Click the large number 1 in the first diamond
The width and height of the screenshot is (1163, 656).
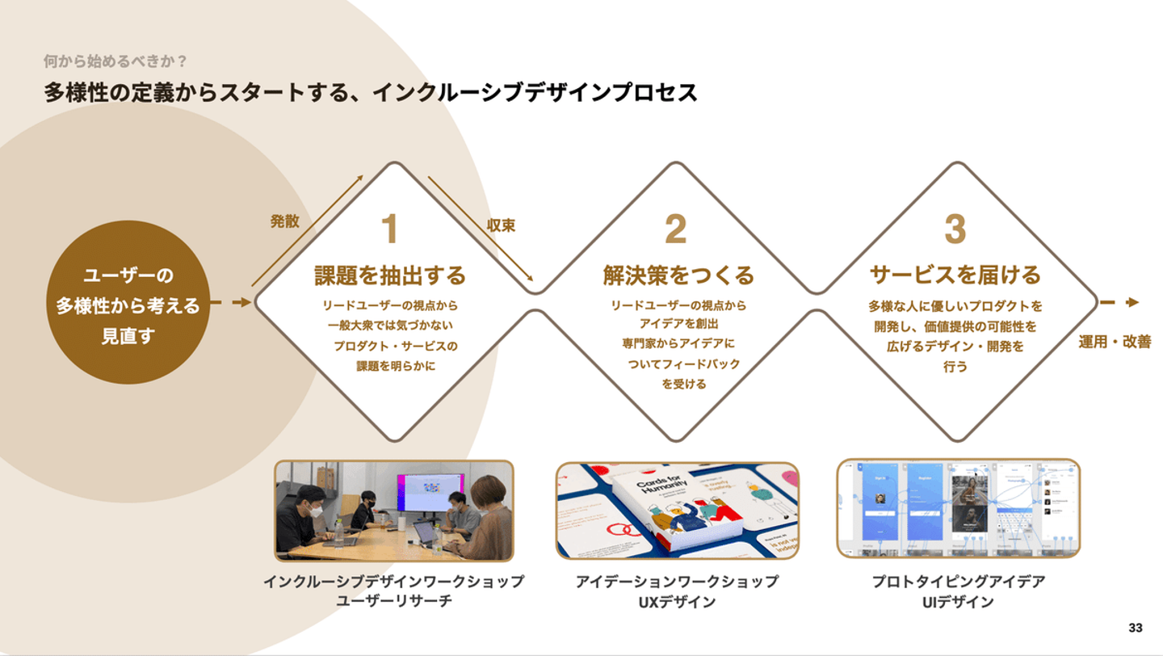click(390, 229)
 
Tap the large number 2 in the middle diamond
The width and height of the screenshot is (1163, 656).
click(676, 229)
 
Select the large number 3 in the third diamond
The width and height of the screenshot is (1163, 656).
click(955, 229)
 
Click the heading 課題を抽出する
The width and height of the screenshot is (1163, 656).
click(390, 275)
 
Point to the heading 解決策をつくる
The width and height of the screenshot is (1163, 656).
click(678, 275)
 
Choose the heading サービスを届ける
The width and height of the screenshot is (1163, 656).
click(955, 275)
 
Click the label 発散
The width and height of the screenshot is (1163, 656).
click(284, 221)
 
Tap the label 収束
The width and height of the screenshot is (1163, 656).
click(501, 225)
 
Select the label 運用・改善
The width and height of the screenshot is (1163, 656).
click(1115, 342)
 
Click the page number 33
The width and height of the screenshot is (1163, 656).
click(1136, 628)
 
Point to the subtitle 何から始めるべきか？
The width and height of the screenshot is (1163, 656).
click(115, 61)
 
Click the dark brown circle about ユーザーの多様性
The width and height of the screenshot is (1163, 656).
click(128, 302)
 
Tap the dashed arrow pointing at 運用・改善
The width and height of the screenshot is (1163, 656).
click(1119, 302)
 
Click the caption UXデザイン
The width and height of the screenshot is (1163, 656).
click(677, 602)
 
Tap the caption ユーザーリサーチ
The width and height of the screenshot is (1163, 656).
click(393, 602)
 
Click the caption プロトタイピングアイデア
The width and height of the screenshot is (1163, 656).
click(958, 582)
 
